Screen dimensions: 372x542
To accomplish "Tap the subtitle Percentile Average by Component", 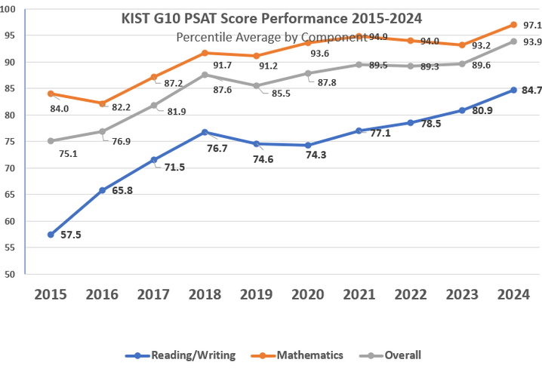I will pyautogui.click(x=272, y=37).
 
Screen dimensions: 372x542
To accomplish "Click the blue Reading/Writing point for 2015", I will pyautogui.click(x=51, y=235).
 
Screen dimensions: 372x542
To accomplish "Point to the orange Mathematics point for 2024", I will pyautogui.click(x=513, y=25).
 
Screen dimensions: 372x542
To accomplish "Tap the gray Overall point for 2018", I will pyautogui.click(x=205, y=75).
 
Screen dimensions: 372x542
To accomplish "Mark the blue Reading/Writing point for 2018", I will pyautogui.click(x=205, y=132).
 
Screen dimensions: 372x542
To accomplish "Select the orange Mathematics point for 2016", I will pyautogui.click(x=102, y=103).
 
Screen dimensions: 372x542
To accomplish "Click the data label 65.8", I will pyautogui.click(x=122, y=191).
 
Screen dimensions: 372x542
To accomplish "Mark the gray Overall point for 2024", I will pyautogui.click(x=513, y=42).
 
